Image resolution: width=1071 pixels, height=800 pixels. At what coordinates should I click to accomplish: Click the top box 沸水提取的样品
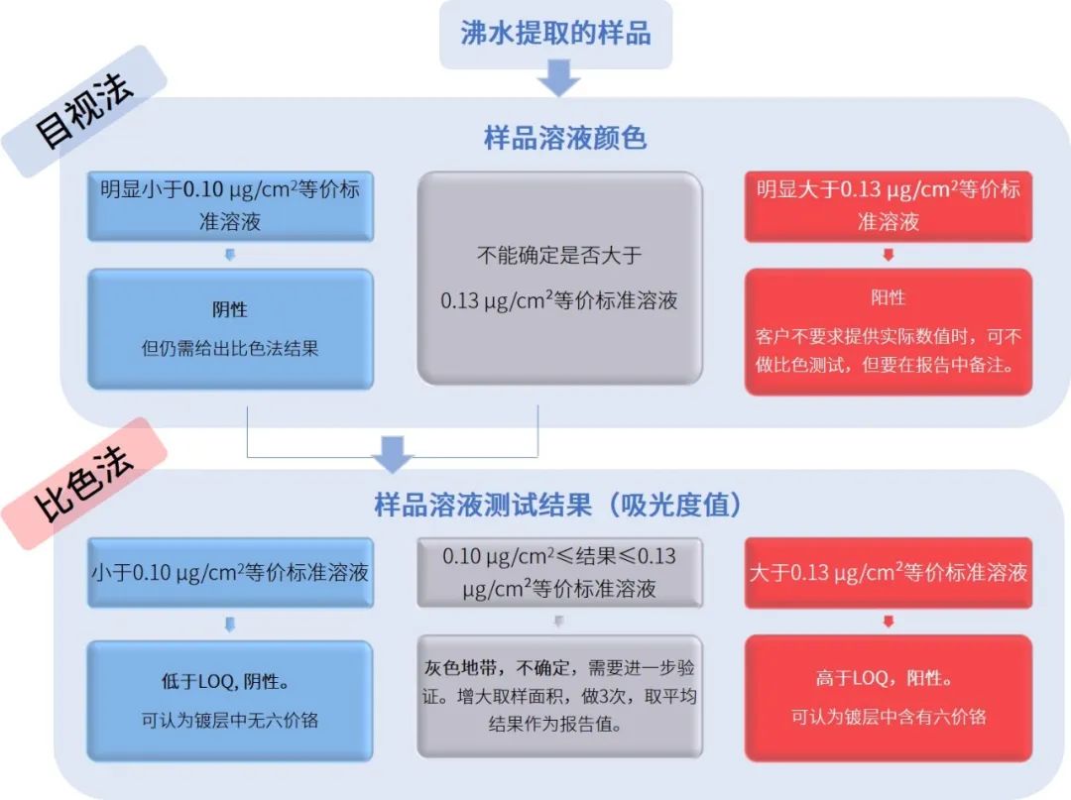tap(555, 34)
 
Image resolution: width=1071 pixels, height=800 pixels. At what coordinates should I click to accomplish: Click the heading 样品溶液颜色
tap(564, 138)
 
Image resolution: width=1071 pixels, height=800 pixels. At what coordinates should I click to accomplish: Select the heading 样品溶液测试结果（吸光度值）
tap(558, 505)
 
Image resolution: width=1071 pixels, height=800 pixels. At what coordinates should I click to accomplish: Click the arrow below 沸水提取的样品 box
tap(559, 78)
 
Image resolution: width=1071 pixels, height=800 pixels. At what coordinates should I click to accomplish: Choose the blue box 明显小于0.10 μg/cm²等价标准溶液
tap(230, 205)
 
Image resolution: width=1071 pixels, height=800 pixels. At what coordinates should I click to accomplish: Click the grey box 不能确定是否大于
tap(559, 278)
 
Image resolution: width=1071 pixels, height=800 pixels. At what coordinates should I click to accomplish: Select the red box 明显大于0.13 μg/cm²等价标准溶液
tap(889, 205)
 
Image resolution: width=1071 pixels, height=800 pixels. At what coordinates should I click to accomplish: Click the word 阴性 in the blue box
tap(230, 309)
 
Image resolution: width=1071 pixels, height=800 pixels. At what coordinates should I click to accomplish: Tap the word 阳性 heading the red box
tap(889, 297)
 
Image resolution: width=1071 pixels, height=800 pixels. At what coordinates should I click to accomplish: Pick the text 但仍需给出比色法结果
tap(230, 348)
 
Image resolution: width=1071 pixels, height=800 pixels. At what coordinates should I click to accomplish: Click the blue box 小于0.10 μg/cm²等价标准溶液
tap(230, 572)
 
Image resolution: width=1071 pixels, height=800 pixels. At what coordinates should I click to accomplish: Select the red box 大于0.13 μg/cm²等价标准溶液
tap(889, 572)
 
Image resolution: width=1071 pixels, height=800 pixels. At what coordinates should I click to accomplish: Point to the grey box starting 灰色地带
tap(559, 697)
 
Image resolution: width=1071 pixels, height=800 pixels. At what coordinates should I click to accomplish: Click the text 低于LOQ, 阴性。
tap(230, 682)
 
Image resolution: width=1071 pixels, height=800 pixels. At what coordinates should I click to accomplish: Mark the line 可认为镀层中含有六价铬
tap(889, 717)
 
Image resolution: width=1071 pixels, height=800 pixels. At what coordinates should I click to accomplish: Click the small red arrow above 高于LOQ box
tap(889, 622)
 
